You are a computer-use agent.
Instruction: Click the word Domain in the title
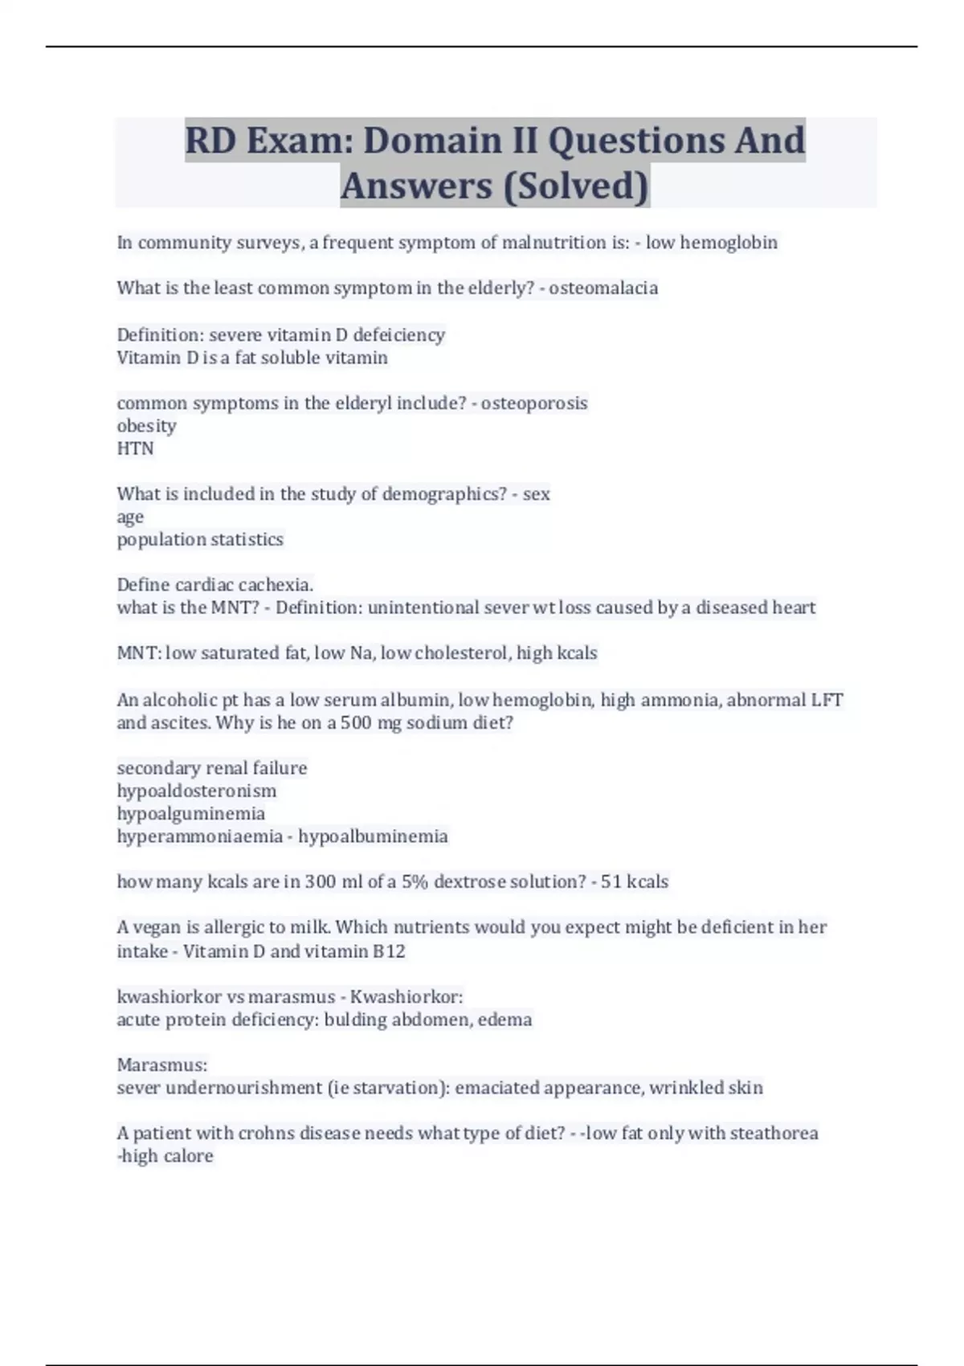pyautogui.click(x=432, y=141)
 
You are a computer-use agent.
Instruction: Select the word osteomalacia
pyautogui.click(x=603, y=288)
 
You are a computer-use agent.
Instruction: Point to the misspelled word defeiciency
pyautogui.click(x=398, y=334)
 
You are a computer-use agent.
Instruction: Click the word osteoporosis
pyautogui.click(x=534, y=403)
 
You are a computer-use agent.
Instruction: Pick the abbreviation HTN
pyautogui.click(x=135, y=448)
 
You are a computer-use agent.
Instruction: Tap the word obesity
pyautogui.click(x=146, y=426)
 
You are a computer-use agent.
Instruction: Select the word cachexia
pyautogui.click(x=276, y=584)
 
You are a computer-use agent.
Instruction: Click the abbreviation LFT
pyautogui.click(x=827, y=700)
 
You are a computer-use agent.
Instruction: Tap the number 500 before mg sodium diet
pyautogui.click(x=356, y=722)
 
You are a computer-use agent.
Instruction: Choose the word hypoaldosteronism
pyautogui.click(x=197, y=791)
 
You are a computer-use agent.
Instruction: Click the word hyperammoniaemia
pyautogui.click(x=200, y=836)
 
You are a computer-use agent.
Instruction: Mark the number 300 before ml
pyautogui.click(x=321, y=881)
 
